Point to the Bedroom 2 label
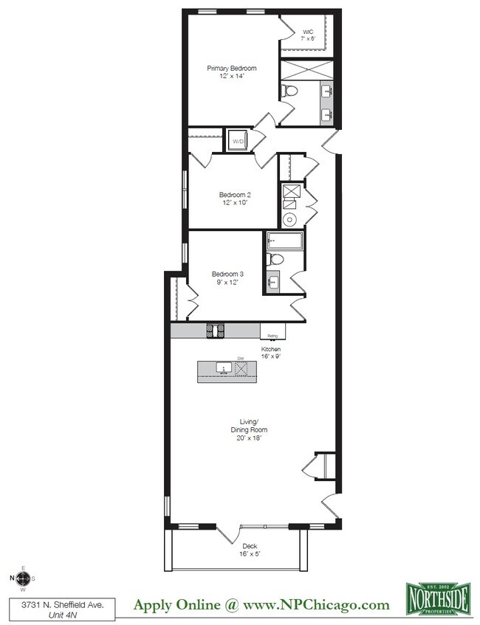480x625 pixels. [235, 195]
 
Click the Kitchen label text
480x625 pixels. [271, 349]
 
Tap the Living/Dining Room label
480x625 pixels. [247, 426]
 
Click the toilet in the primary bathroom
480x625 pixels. [289, 91]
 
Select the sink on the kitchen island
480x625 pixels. [222, 367]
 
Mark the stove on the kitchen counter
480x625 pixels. [216, 331]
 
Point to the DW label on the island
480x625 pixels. [239, 359]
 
